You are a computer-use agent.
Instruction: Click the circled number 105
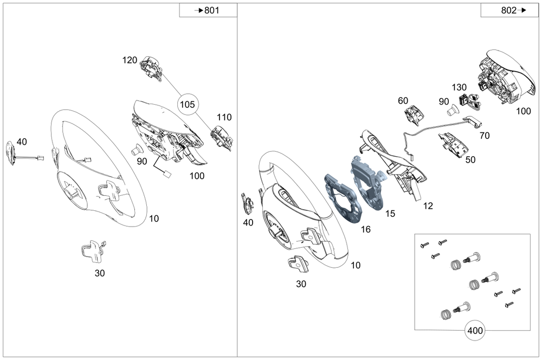(x=187, y=105)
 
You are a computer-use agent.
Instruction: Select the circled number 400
(x=475, y=330)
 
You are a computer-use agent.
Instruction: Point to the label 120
(x=130, y=60)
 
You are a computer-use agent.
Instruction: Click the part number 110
(x=224, y=117)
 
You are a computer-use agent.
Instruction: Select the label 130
(x=459, y=87)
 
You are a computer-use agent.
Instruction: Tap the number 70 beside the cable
(x=485, y=136)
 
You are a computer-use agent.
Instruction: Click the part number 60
(x=403, y=101)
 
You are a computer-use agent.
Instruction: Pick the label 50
(x=470, y=160)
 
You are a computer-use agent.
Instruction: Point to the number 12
(x=428, y=205)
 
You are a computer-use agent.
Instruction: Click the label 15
(x=390, y=214)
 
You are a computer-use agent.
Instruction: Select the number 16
(x=366, y=229)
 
